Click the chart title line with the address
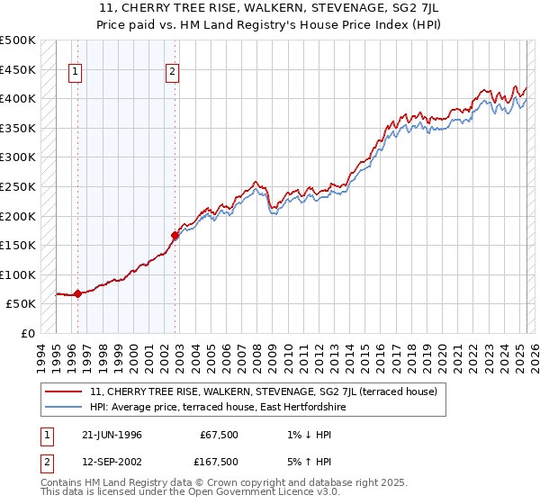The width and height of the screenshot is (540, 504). [269, 10]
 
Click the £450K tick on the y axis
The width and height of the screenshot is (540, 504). [18, 69]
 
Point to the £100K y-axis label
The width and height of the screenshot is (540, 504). [18, 274]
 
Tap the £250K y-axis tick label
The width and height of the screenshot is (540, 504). [18, 186]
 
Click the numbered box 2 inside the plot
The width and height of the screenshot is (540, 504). [172, 74]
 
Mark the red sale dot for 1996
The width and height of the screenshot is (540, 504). [78, 293]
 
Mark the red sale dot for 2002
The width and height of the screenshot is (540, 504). [175, 235]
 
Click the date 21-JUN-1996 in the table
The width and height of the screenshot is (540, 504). [112, 435]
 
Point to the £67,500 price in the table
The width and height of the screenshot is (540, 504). [217, 435]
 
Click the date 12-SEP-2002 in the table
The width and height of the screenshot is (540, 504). [112, 462]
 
